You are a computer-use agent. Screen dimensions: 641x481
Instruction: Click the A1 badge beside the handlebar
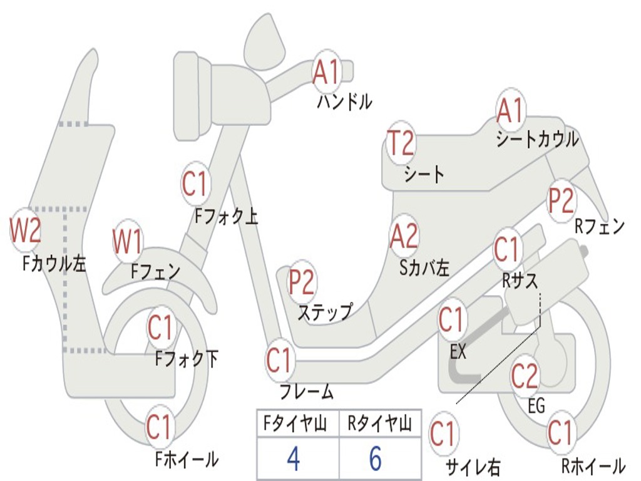coord(326,70)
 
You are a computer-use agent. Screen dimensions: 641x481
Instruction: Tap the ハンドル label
coord(344,101)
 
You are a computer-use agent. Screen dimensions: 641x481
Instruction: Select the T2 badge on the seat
coord(400,143)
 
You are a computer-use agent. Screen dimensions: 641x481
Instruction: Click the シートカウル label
coord(537,139)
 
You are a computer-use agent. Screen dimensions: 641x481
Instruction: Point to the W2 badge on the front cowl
coord(25,230)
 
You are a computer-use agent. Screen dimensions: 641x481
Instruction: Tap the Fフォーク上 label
coord(226,216)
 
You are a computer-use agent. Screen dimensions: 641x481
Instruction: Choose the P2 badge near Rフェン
coord(561,200)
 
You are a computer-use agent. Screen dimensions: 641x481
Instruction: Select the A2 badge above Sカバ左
coord(403,236)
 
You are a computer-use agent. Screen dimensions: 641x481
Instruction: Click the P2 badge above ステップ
coord(302,282)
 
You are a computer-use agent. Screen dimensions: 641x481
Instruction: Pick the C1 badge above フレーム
coord(279,360)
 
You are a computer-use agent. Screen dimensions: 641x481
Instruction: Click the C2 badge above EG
coord(525,375)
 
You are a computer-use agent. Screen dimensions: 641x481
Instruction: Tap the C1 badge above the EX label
coord(451,320)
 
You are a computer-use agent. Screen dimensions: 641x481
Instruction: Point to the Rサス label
coord(520,281)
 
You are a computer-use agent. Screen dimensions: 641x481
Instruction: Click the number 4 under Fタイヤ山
coord(292,459)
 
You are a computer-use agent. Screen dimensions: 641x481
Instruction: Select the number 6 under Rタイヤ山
coord(375,459)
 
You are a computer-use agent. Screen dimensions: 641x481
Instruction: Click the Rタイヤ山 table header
coord(379,425)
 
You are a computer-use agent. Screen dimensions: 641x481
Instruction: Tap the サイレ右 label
coord(473,467)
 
